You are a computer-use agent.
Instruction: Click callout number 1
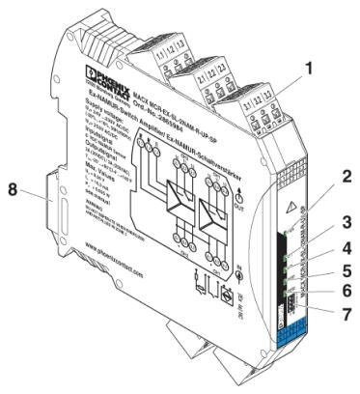307,96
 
